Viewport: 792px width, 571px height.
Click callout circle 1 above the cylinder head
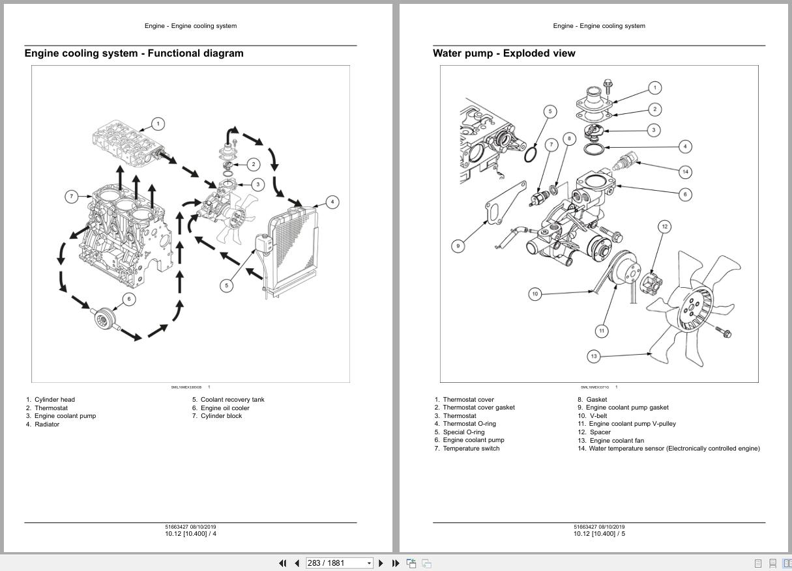(157, 124)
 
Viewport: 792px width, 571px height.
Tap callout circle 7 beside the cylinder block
(72, 196)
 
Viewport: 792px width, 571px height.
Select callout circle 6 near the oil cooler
(129, 299)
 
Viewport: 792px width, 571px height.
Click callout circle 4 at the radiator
(332, 202)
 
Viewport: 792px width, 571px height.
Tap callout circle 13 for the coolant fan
(594, 356)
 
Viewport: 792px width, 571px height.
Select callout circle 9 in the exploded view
(458, 246)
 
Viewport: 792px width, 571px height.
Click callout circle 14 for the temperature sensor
(685, 172)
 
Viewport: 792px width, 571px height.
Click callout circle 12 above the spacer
(664, 227)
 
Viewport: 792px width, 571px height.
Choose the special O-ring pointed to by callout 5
(531, 155)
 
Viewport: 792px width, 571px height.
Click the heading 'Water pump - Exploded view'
(504, 53)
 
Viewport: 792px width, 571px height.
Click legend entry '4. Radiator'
(43, 425)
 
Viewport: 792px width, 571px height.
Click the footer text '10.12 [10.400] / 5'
(599, 534)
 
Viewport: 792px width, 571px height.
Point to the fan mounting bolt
(724, 332)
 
